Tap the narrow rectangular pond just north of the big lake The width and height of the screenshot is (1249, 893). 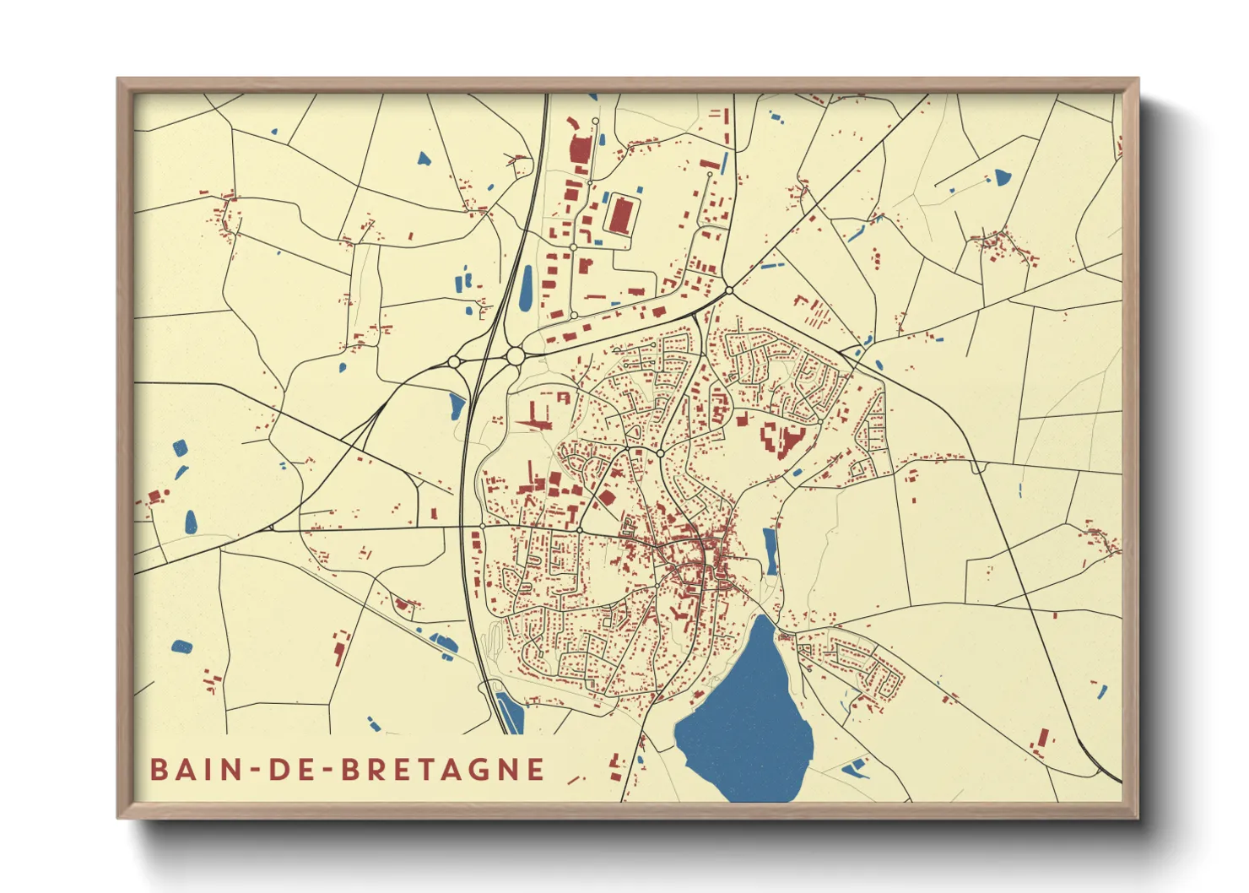click(770, 550)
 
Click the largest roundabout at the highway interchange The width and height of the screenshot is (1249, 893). click(515, 357)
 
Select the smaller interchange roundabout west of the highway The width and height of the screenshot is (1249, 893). click(454, 362)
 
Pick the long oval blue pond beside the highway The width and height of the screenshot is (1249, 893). click(526, 287)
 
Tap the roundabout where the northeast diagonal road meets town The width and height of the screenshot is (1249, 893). click(729, 290)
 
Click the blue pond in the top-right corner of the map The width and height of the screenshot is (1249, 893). click(1002, 177)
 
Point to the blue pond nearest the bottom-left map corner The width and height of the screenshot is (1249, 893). click(181, 647)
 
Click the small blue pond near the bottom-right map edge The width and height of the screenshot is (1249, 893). click(1099, 691)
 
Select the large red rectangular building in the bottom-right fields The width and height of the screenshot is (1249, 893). click(1042, 739)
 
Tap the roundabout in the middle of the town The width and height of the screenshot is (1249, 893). click(660, 453)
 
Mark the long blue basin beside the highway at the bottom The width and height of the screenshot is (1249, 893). click(510, 713)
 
